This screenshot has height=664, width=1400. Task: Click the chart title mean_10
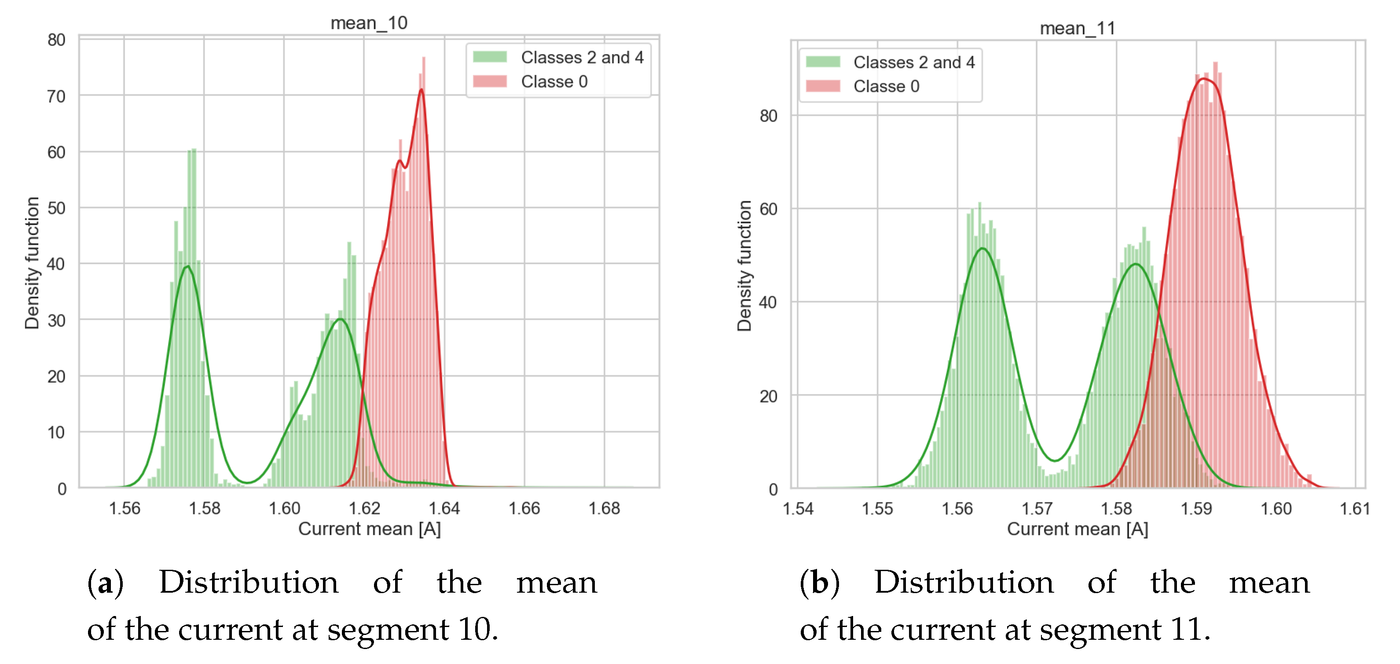pos(369,23)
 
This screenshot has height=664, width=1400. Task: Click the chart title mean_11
pos(1077,28)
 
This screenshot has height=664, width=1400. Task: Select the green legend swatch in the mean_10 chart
pos(490,56)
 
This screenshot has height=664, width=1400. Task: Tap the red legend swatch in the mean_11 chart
pos(823,86)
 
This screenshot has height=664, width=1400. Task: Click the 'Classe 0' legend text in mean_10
pos(554,81)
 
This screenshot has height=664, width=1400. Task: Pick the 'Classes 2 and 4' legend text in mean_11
pos(914,62)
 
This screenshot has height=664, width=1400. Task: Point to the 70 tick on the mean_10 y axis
pos(56,96)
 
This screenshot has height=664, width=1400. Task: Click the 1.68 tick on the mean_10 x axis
pos(604,508)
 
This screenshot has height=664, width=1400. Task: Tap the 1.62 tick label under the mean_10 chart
pos(364,508)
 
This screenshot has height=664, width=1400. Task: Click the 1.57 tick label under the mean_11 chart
pos(1037,509)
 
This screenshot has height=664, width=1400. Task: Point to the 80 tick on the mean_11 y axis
pos(769,116)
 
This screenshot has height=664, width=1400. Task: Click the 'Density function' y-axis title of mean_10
pos(32,263)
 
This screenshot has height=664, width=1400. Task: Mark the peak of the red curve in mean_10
pos(422,89)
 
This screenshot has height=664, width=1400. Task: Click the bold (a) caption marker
pos(106,583)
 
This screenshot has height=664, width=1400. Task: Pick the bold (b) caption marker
pos(820,583)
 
